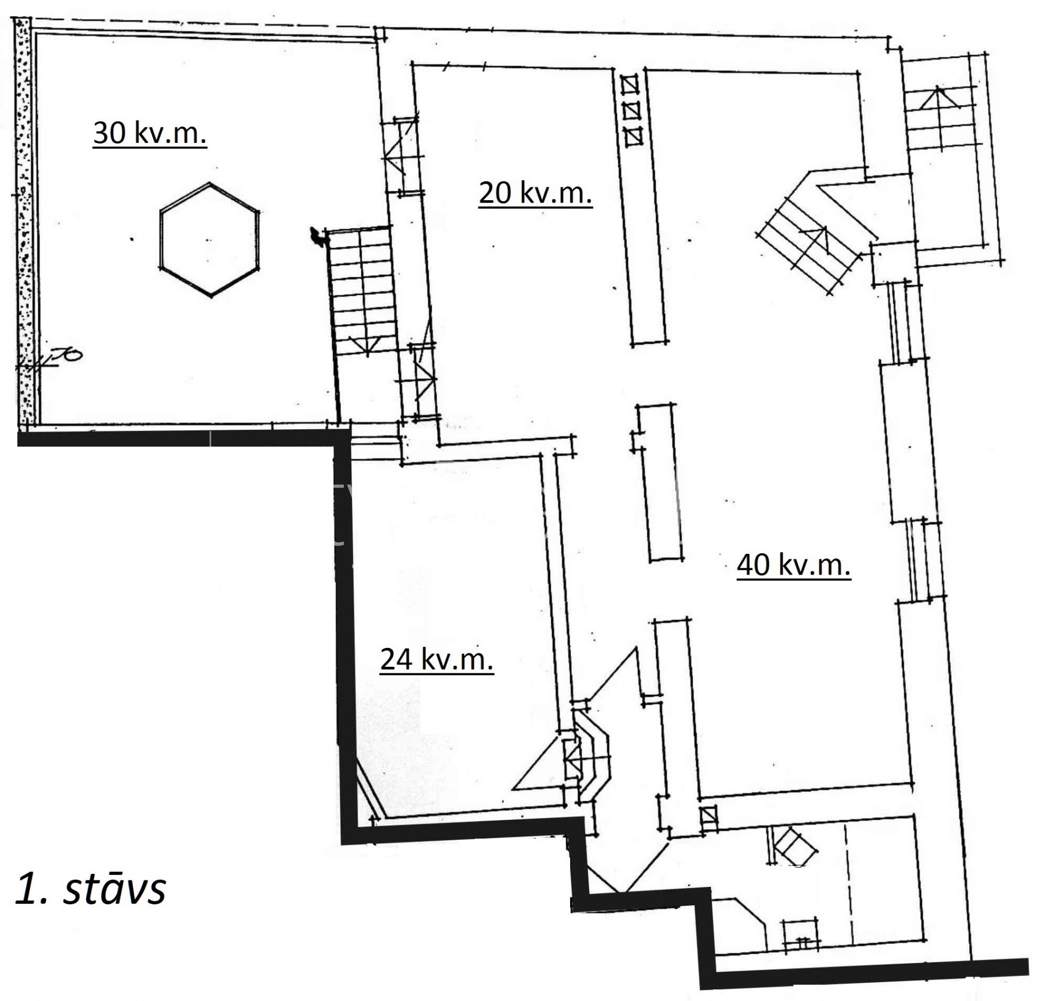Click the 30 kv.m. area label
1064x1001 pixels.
pos(150,133)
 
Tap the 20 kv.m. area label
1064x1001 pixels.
pos(535,194)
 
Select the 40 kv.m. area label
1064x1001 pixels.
pos(794,565)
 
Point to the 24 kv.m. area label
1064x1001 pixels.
pos(437,660)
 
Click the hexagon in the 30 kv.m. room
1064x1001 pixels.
pos(209,239)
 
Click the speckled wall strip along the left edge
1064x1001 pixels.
pos(24,222)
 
